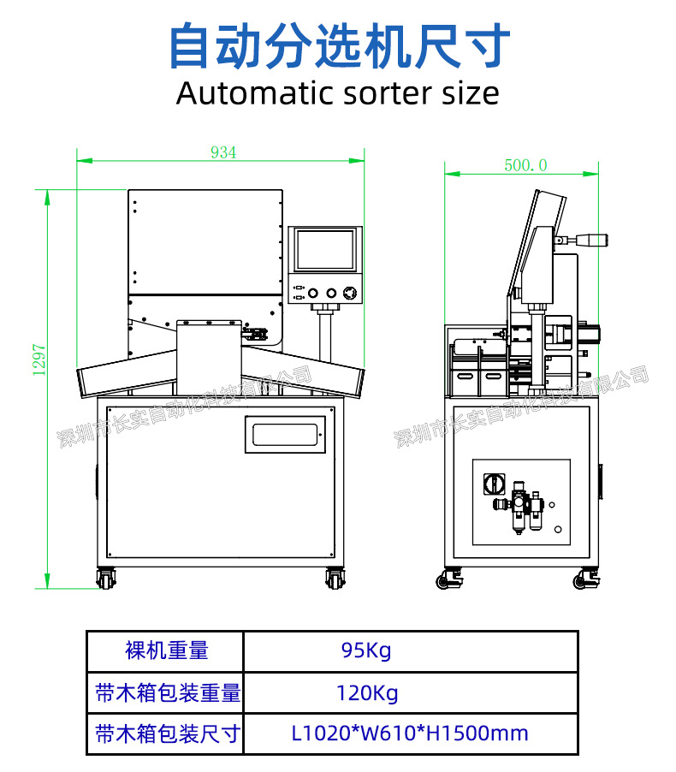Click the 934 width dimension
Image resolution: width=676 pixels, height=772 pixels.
click(223, 152)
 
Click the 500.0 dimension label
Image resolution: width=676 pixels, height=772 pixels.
click(525, 165)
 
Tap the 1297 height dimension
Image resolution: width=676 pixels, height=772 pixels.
click(39, 360)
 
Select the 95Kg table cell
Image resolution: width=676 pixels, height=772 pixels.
click(366, 650)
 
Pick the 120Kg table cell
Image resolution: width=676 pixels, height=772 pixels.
click(367, 692)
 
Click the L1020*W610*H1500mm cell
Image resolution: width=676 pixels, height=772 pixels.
click(410, 733)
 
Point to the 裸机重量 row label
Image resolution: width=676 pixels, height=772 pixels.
click(167, 650)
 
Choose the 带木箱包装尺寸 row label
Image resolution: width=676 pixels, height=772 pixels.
click(168, 733)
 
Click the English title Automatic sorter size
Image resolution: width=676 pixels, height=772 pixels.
click(338, 93)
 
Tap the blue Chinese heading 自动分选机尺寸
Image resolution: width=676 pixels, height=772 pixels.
click(339, 45)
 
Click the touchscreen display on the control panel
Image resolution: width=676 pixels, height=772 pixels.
click(325, 250)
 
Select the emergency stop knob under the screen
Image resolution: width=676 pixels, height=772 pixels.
click(350, 293)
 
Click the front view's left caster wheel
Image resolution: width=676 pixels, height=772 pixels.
click(106, 579)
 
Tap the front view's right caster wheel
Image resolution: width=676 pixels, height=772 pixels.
click(335, 579)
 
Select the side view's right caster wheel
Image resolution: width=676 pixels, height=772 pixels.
click(586, 579)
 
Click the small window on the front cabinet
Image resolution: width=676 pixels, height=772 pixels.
click(286, 434)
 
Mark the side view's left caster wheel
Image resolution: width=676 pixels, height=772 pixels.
click(449, 579)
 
